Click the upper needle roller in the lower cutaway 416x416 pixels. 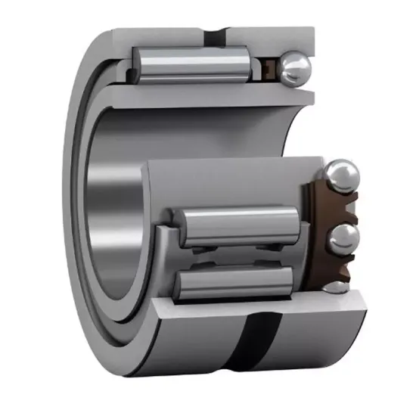(x=238, y=225)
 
